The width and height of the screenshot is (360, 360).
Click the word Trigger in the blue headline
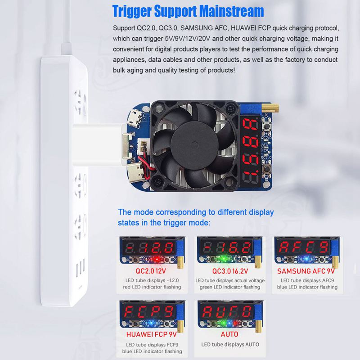pos(132,11)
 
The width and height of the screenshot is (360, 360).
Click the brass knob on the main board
pos(270,108)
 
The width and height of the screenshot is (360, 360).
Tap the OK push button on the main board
pos(267,126)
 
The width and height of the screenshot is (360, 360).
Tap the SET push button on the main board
pos(266,169)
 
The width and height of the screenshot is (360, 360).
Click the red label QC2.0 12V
pos(151,271)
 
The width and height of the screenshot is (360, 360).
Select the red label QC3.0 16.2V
pos(230,271)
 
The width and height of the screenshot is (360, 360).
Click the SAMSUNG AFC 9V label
pos(306,271)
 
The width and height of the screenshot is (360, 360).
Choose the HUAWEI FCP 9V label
pos(152,334)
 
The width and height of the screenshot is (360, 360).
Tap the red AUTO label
pos(229,334)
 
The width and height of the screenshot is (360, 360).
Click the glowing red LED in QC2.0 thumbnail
pos(157,259)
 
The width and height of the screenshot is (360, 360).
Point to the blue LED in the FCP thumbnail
pos(151,323)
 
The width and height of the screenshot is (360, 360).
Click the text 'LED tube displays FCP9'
pos(152,345)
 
